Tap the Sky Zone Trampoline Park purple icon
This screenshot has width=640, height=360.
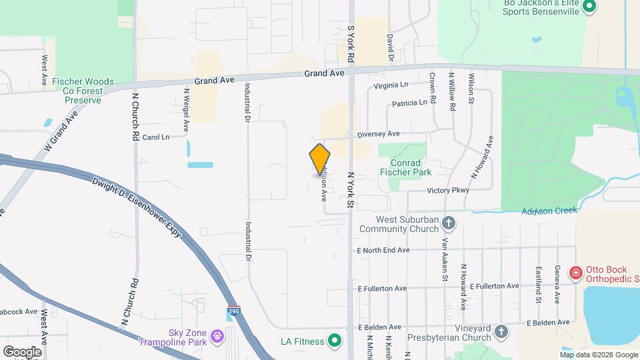216,335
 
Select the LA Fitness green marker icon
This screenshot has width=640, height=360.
335,342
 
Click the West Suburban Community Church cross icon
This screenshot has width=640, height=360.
449,223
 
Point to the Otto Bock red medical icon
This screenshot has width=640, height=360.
575,273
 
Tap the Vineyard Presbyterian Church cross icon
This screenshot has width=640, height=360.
501,331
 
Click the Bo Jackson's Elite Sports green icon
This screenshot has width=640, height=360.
589,7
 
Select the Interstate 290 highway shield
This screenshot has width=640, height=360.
232,311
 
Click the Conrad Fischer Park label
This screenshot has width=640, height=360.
405,167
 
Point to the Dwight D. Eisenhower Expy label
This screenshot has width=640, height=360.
137,208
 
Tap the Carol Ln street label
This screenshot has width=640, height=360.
156,137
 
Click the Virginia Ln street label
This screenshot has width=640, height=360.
391,85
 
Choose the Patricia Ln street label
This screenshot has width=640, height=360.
409,103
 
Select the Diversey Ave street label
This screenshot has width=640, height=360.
378,133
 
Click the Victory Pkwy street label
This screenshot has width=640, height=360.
448,191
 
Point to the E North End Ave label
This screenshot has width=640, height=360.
383,251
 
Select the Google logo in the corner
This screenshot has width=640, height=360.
23,351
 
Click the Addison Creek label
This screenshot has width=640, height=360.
549,211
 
